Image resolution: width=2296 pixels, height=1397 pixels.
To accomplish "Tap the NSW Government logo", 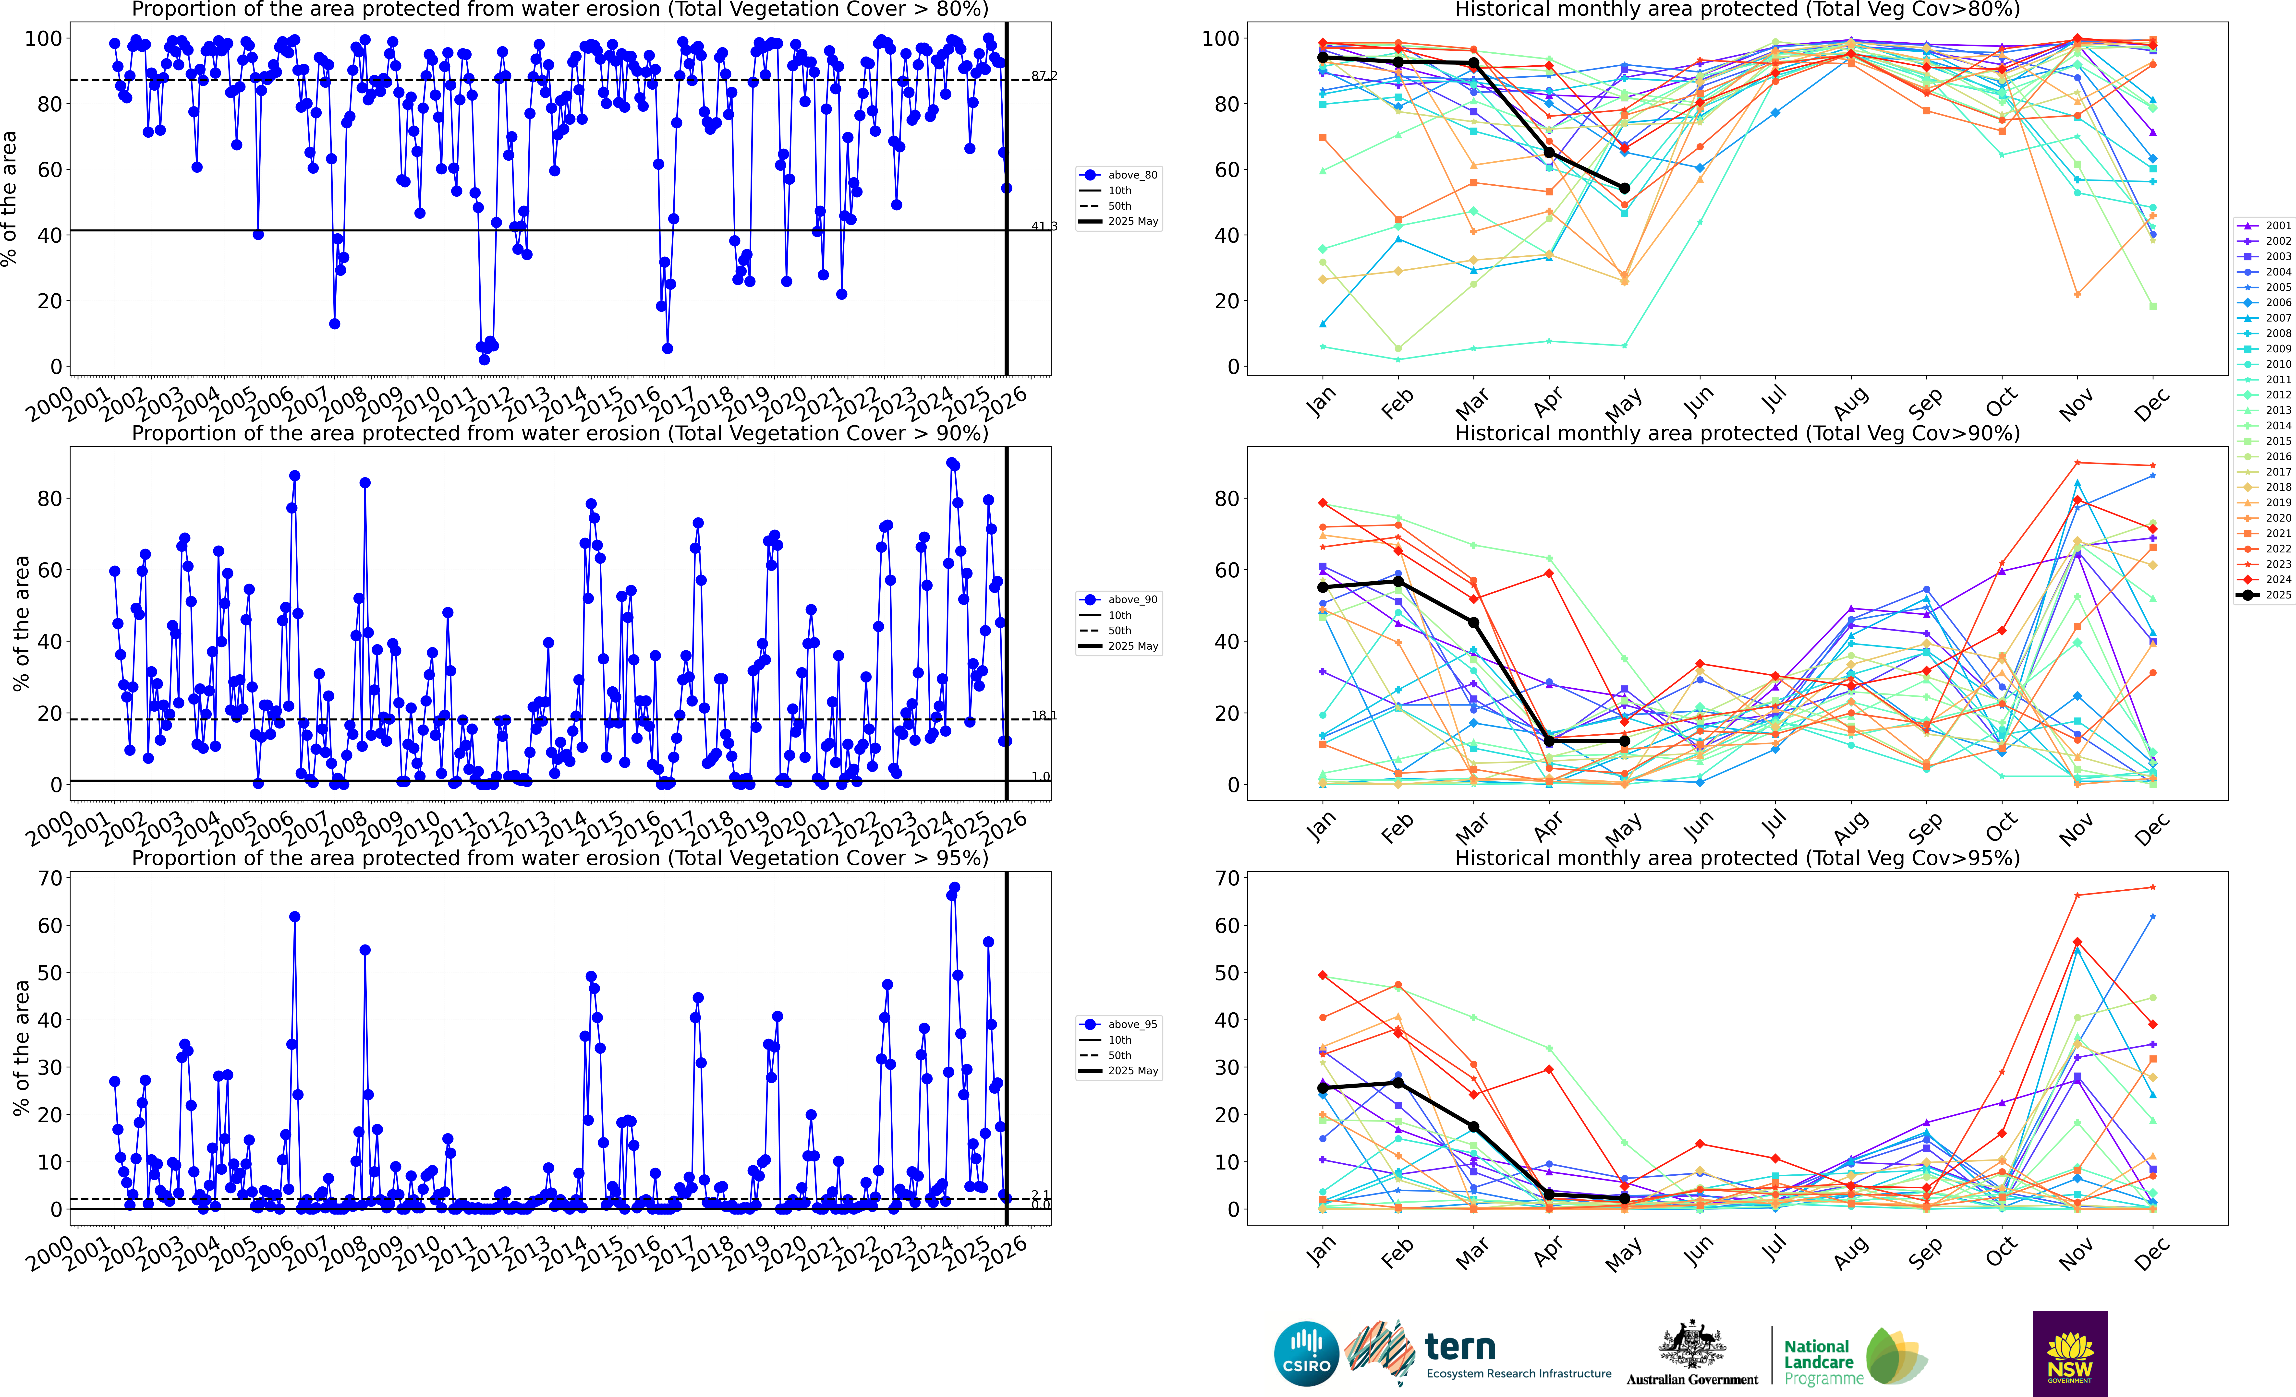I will pyautogui.click(x=2070, y=1353).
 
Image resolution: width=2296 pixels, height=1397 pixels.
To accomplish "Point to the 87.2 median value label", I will pyautogui.click(x=1044, y=75).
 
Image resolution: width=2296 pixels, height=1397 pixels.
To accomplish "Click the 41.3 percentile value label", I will pyautogui.click(x=1044, y=226).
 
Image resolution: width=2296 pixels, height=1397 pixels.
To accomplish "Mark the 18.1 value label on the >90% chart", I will pyautogui.click(x=1044, y=715).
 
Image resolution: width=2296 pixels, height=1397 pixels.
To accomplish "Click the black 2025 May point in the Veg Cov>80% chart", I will pyautogui.click(x=1624, y=188).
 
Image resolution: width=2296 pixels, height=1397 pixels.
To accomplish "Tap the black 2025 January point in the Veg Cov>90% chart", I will pyautogui.click(x=1322, y=587).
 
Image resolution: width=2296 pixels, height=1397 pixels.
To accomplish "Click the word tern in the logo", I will pyautogui.click(x=1460, y=1348).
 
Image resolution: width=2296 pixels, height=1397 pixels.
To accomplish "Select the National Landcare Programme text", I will pyautogui.click(x=1822, y=1361).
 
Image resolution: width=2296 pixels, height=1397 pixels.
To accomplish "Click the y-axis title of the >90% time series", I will pyautogui.click(x=21, y=623).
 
